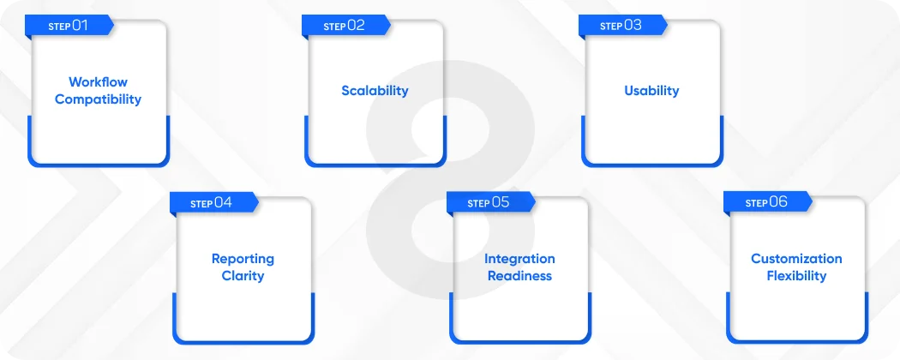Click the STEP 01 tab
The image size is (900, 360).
tap(68, 26)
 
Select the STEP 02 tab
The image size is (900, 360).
tap(345, 26)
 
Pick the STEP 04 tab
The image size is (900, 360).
tap(212, 203)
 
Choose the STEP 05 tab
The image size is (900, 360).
tap(489, 203)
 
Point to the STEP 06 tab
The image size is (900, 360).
tap(766, 203)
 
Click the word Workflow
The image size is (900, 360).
tap(98, 82)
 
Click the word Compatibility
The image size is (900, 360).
tap(98, 99)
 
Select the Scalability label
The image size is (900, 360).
tap(375, 91)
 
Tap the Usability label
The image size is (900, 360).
tap(651, 91)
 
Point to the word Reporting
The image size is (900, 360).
tap(243, 259)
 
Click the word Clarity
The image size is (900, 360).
tap(243, 276)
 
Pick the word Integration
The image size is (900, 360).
tap(519, 259)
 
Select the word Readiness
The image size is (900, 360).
tap(519, 276)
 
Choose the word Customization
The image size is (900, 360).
tap(796, 259)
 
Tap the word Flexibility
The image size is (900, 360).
tap(796, 276)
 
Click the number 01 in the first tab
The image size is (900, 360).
tap(80, 26)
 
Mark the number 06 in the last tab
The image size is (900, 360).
tap(778, 203)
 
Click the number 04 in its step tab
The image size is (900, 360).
tap(224, 203)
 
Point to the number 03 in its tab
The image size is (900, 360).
tap(633, 26)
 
